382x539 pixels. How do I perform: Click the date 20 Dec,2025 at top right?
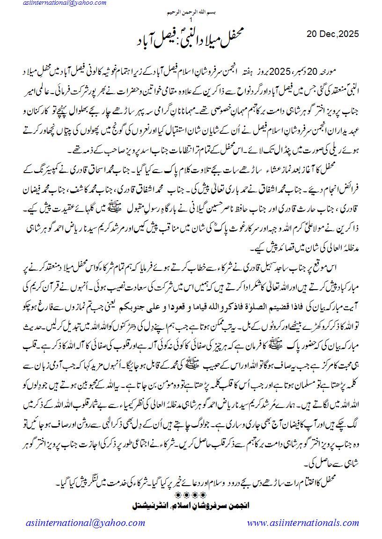[333, 34]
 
